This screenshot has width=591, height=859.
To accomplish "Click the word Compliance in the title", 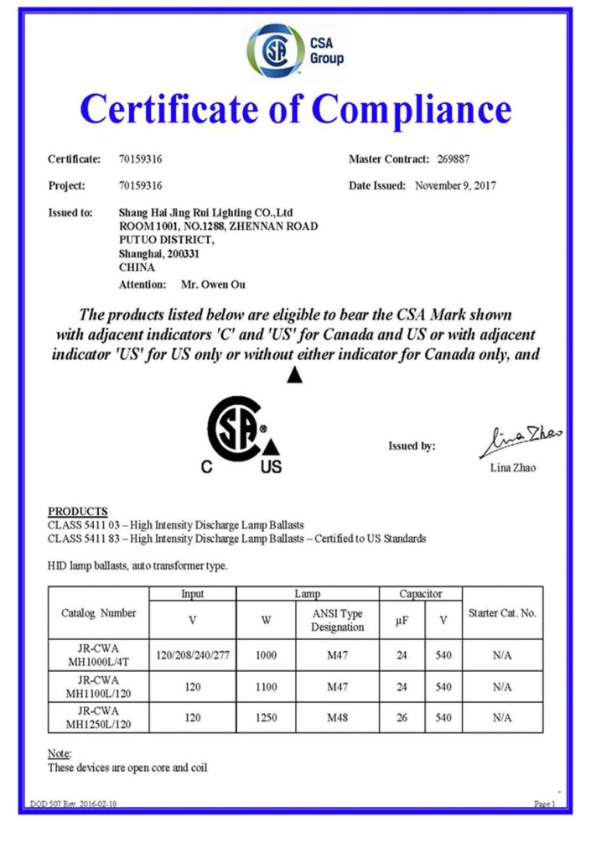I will click(x=411, y=110).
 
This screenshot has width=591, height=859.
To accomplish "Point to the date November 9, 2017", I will click(x=455, y=185).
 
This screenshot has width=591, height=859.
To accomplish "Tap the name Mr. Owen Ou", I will click(x=214, y=284).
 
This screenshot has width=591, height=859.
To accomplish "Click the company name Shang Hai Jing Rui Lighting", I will click(x=205, y=213).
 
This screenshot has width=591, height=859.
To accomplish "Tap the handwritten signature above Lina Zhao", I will click(x=520, y=440).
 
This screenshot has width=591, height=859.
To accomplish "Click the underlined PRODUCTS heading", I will click(x=78, y=511).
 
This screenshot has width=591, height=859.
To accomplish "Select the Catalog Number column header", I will click(x=99, y=612).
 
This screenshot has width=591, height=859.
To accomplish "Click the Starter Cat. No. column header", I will click(x=502, y=612).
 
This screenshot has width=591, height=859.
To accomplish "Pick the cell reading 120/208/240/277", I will click(x=192, y=653).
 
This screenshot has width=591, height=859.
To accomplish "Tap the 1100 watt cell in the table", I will click(x=266, y=686).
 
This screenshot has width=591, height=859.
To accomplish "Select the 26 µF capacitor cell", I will click(x=402, y=718).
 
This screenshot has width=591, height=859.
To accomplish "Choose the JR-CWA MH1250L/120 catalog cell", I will click(x=98, y=718).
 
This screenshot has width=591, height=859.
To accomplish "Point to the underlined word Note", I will click(x=60, y=753).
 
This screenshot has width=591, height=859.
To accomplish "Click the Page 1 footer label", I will click(x=544, y=803).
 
